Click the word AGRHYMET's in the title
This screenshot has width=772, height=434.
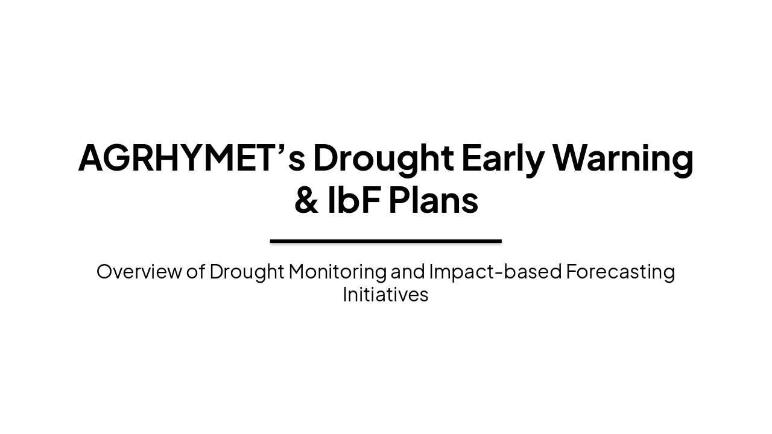pos(191,158)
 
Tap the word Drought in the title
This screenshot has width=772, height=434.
pos(383,158)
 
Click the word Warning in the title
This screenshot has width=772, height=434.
pos(623,158)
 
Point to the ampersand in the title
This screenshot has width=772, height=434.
pos(306,201)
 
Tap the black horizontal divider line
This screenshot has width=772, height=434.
pos(386,241)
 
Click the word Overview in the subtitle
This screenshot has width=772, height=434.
pos(139,272)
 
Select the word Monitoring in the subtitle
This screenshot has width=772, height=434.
pos(337,272)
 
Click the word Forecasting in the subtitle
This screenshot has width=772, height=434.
pos(620,272)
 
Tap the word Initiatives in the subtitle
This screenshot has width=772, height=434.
pos(385,295)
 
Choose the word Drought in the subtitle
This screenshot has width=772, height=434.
pos(247,272)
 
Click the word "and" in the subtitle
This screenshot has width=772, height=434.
pos(408,272)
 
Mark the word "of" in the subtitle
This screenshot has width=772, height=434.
pos(195,272)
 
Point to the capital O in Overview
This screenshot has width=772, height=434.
pos(104,272)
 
